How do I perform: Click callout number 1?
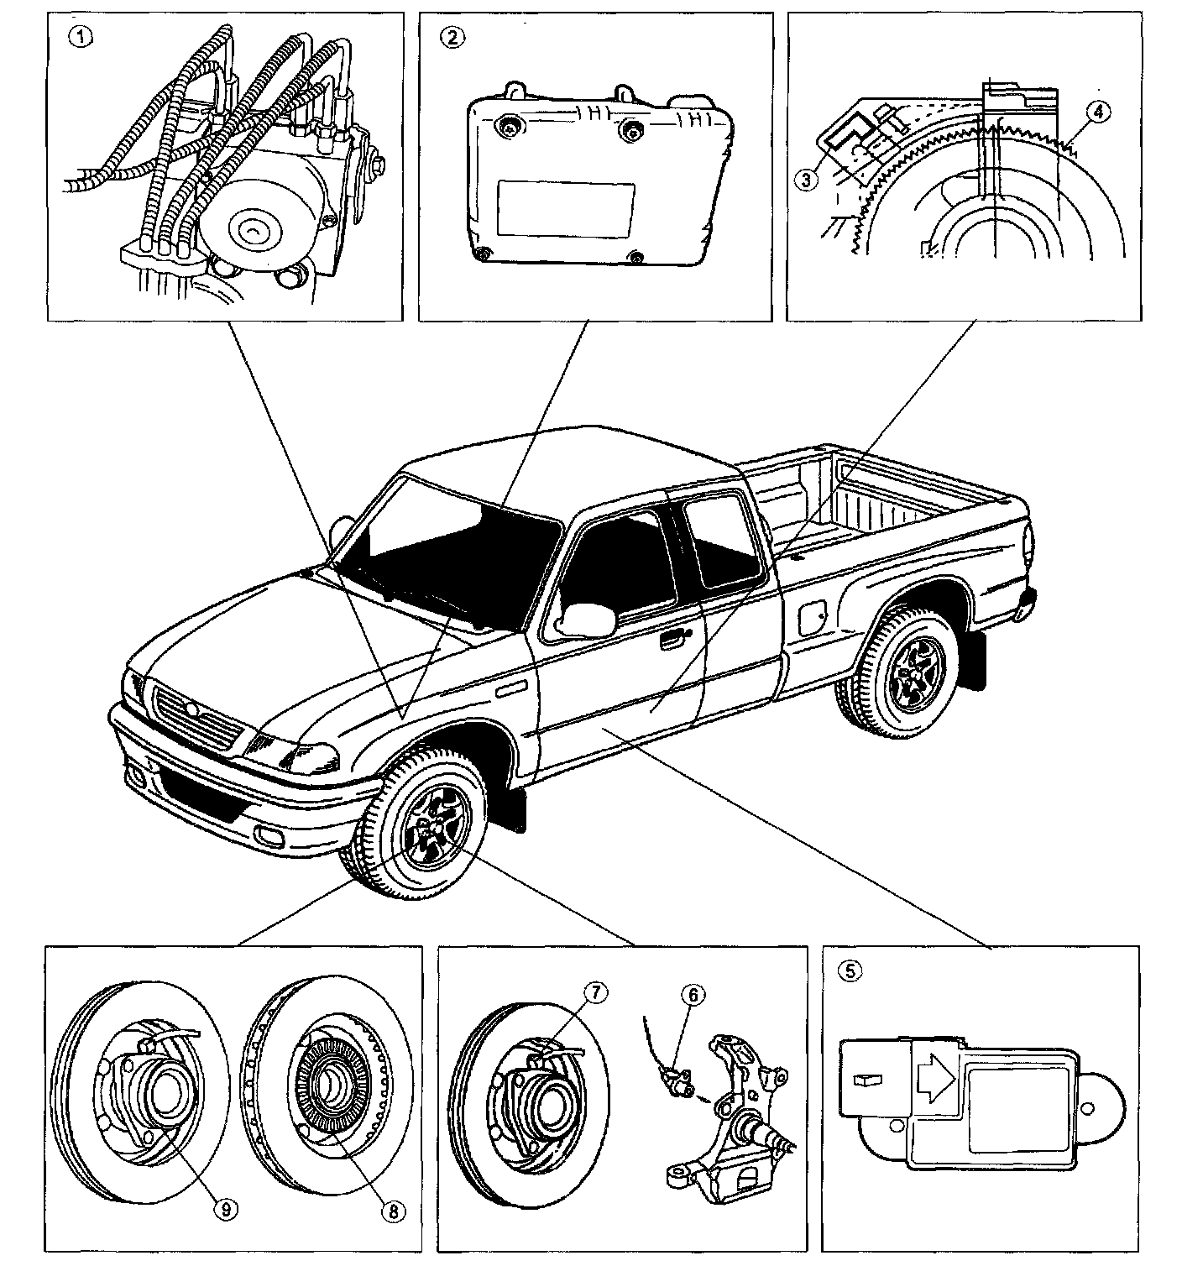(82, 37)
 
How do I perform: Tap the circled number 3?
(807, 178)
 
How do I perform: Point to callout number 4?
(1094, 110)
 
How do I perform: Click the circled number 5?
(850, 970)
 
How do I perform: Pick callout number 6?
(693, 995)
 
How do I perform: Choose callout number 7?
(594, 993)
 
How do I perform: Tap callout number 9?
(226, 1208)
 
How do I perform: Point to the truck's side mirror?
(586, 618)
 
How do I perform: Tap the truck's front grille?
(196, 715)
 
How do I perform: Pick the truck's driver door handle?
(672, 641)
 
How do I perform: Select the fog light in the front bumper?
(271, 835)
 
